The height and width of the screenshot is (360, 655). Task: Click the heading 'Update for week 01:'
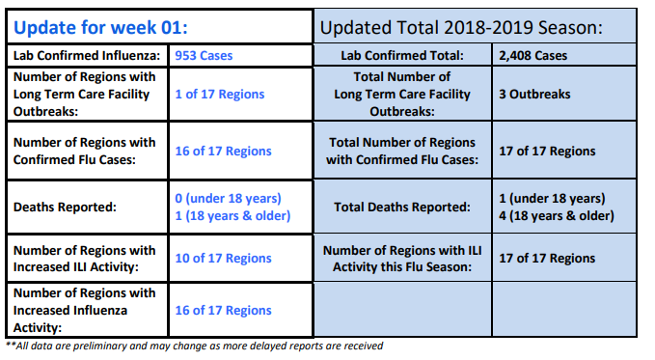[x=100, y=28]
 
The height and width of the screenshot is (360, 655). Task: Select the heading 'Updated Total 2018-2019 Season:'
[x=461, y=28]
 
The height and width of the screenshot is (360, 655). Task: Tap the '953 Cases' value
[x=204, y=56]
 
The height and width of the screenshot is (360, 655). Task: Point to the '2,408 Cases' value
[x=533, y=56]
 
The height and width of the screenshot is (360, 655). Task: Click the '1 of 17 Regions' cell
[x=220, y=94]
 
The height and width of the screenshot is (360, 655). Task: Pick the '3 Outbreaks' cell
[x=534, y=94]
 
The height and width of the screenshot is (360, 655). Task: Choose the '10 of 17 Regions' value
[x=223, y=258]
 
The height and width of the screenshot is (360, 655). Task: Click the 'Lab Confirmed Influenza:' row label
[x=87, y=56]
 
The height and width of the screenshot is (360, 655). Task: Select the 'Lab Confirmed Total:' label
[x=402, y=56]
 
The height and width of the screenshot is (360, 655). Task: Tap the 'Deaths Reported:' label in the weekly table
[x=65, y=207]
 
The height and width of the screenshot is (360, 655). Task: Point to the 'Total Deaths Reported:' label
[x=402, y=207]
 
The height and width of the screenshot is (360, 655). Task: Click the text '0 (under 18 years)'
[x=228, y=198]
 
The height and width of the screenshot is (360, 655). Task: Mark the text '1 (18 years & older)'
[x=232, y=216]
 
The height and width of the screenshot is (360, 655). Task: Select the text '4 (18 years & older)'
[x=557, y=216]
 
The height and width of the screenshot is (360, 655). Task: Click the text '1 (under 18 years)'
[x=552, y=198]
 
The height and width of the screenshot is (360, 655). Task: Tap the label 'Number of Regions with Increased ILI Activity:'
[x=84, y=259]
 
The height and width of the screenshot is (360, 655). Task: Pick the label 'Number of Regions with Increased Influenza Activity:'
[x=84, y=310]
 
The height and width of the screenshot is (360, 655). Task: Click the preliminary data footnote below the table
[x=194, y=346]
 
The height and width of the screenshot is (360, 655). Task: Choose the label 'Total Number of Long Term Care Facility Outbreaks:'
[x=402, y=94]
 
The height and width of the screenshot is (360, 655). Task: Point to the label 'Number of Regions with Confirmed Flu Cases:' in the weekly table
[x=84, y=151]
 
